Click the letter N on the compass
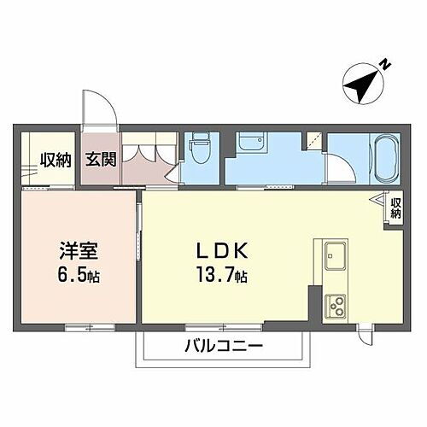385,64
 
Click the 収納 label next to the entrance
56,159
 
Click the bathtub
382,158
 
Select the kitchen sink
334,254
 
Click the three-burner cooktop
334,304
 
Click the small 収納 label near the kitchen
395,209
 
